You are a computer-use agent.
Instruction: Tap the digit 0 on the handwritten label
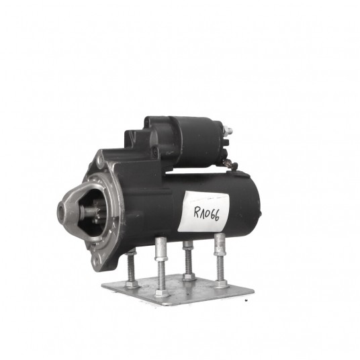pyautogui.click(x=208, y=213)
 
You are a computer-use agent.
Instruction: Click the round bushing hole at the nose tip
pyautogui.click(x=61, y=210)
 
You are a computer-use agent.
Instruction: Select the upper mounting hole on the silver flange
pyautogui.click(x=100, y=160)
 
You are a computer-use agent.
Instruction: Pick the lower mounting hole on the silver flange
pyautogui.click(x=97, y=261)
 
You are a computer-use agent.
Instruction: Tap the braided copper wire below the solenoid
pyautogui.click(x=229, y=165)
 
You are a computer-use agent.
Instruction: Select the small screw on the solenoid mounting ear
pyautogui.click(x=154, y=151)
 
